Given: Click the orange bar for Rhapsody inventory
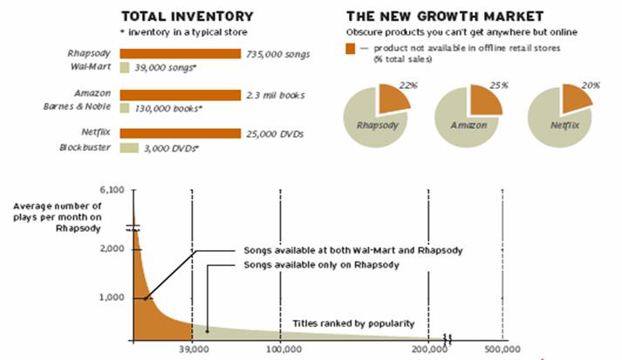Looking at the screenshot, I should click(180, 53).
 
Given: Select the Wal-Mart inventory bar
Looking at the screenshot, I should click(124, 66).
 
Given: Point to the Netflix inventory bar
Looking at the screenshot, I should click(180, 134).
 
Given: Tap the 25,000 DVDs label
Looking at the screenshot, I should click(276, 134).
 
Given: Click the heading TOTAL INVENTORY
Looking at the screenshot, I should click(187, 16).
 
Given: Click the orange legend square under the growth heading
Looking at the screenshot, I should click(351, 46).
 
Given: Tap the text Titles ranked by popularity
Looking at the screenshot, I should click(353, 323).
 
